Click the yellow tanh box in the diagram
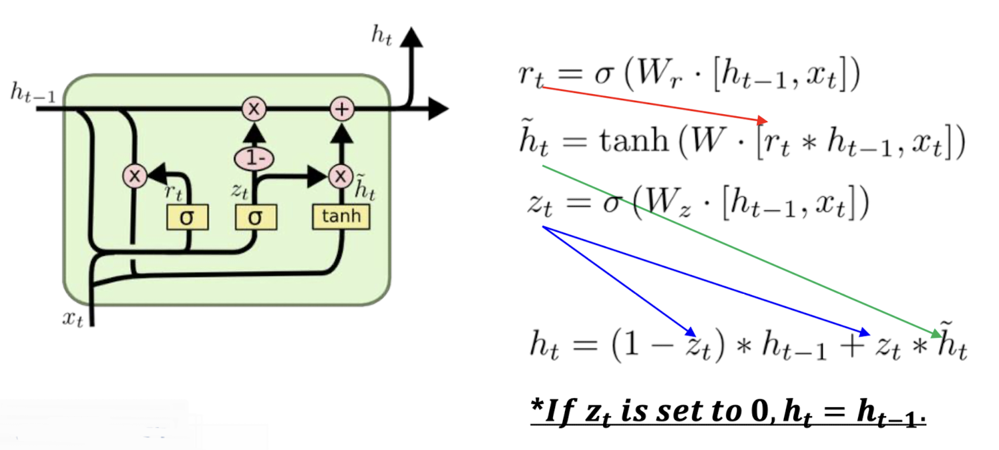coord(341,216)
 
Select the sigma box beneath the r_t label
coord(188,218)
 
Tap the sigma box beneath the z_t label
coord(255,218)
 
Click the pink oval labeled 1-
coord(254,158)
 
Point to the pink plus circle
coord(342,109)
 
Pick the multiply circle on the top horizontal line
coord(254,109)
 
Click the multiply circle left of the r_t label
coord(134,176)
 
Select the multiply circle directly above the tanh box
coord(341,176)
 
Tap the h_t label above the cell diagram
coord(381,37)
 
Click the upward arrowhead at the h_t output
coord(413,37)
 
